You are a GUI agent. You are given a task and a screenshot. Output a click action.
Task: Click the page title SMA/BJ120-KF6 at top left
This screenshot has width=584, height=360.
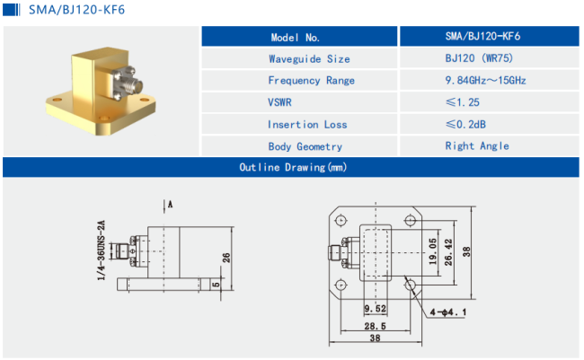(x=76, y=10)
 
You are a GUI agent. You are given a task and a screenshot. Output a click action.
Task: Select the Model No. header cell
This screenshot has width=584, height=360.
(x=299, y=37)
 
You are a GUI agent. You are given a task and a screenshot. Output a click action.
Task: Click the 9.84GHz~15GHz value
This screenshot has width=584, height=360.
(x=485, y=80)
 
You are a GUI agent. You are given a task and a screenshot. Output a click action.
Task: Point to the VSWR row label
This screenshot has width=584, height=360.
(x=279, y=102)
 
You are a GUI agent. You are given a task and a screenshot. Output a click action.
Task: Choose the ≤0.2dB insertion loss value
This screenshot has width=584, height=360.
(x=465, y=124)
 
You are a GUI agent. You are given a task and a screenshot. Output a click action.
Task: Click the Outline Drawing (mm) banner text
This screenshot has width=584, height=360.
(x=293, y=167)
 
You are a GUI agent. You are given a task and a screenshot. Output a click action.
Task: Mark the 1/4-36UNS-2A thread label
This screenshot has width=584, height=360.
(x=101, y=250)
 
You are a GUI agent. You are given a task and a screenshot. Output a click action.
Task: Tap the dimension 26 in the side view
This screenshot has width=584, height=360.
(x=226, y=258)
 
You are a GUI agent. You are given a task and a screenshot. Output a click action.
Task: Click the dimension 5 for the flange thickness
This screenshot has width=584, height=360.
(x=216, y=285)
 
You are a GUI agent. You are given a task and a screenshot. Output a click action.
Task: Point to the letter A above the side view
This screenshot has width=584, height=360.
(x=170, y=204)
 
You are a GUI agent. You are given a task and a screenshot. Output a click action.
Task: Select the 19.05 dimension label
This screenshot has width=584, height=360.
(x=432, y=251)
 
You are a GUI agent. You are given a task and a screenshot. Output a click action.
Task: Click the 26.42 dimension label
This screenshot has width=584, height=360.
(x=448, y=252)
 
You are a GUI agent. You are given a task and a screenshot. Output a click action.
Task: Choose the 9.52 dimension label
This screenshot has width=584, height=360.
(x=375, y=309)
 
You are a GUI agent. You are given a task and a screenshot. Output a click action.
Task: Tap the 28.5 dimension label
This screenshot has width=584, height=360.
(x=375, y=326)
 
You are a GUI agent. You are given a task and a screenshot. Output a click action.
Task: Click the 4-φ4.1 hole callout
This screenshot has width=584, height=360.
(x=447, y=312)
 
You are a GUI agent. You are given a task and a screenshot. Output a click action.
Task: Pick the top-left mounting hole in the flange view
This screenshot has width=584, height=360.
(x=341, y=220)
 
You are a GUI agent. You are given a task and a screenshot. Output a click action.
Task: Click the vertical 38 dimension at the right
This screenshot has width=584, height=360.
(x=466, y=252)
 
